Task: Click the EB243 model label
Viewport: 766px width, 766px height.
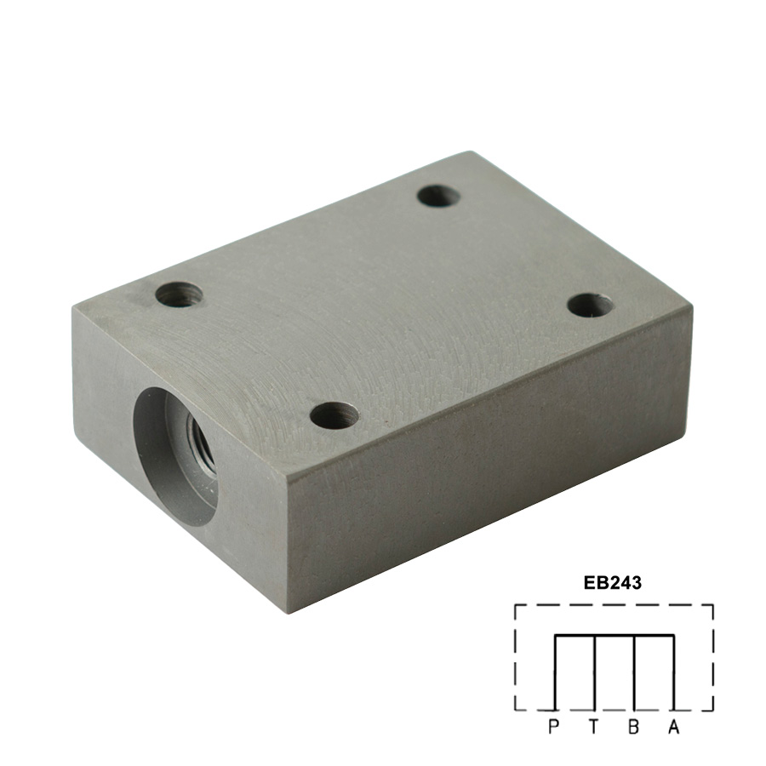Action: coord(613,583)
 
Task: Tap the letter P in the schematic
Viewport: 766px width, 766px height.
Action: coord(553,727)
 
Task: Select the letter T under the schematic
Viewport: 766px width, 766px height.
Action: coord(593,727)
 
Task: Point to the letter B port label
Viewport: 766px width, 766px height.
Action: coord(633,727)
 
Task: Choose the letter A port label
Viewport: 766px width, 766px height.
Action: coord(674,727)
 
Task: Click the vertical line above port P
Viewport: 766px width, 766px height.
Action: coord(555,672)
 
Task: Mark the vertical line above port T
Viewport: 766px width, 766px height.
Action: coord(595,672)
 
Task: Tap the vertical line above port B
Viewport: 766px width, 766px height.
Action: coord(634,672)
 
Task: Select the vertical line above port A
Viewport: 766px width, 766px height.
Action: coord(674,672)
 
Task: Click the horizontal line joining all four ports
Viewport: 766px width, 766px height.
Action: coord(615,636)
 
